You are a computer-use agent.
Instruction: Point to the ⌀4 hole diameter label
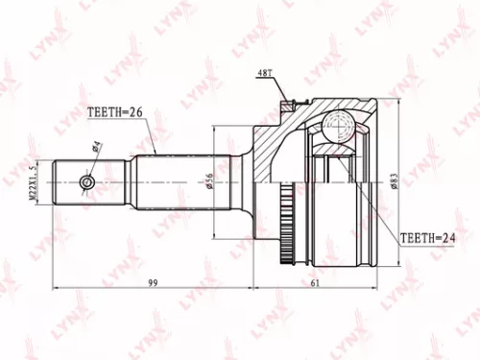tap(97, 148)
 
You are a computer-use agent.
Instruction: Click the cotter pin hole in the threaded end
tap(87, 180)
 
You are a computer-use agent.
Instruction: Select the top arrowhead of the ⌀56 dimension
tap(215, 127)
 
